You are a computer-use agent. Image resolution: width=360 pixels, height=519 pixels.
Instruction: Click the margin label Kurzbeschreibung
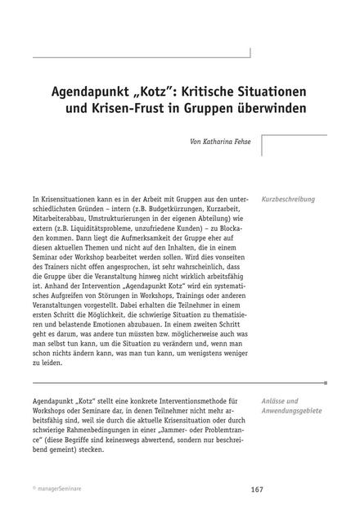click(x=289, y=199)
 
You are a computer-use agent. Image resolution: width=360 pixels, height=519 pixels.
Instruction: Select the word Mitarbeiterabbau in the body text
click(x=61, y=220)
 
